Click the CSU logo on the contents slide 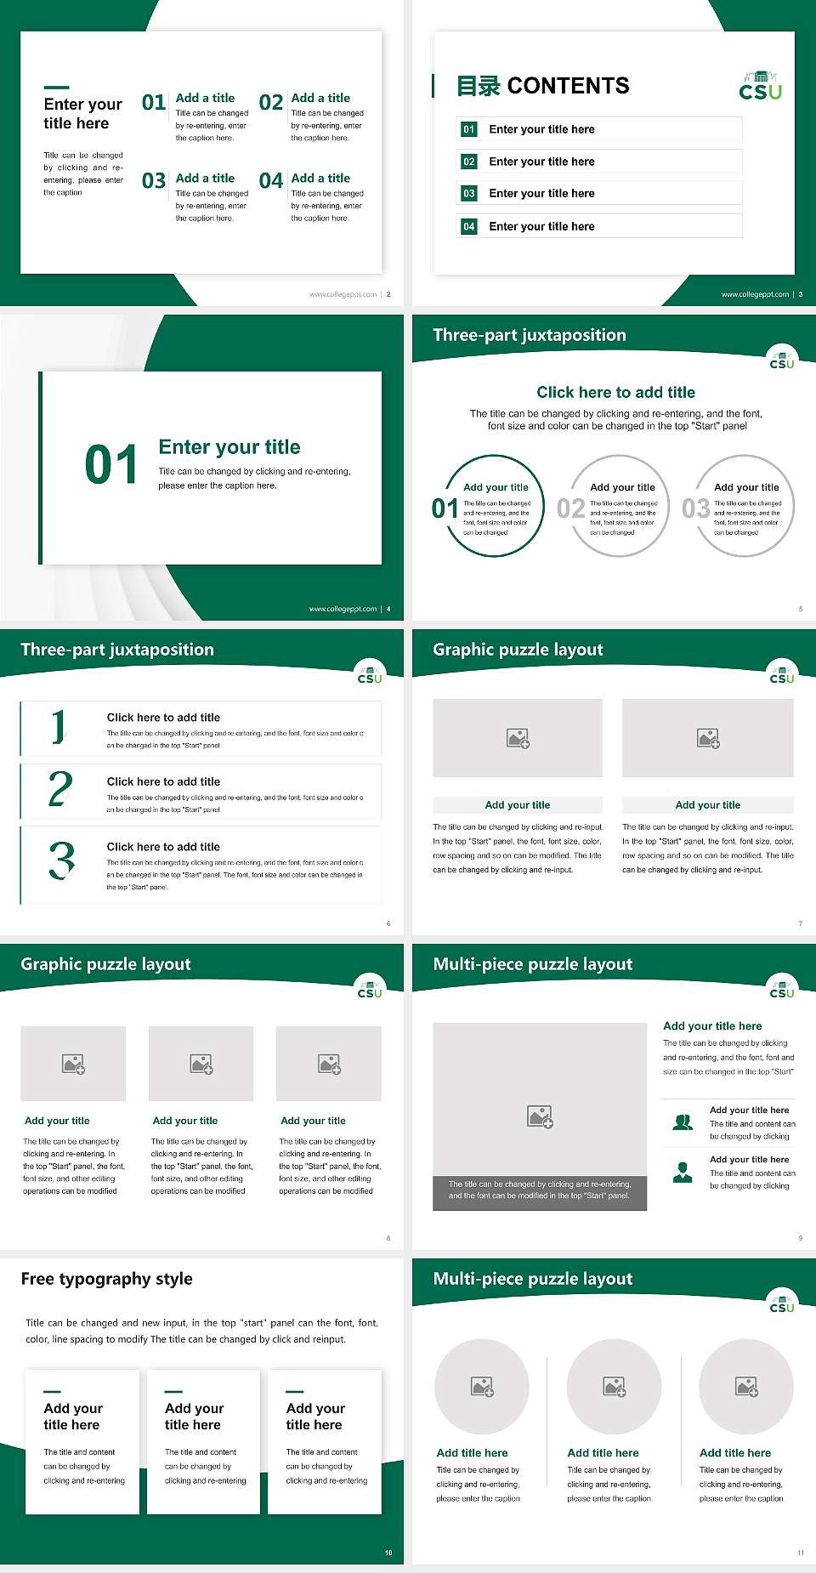(x=760, y=87)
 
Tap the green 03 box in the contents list (x=469, y=194)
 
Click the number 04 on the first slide (x=271, y=181)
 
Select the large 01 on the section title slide (x=111, y=465)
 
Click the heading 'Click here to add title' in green (x=615, y=392)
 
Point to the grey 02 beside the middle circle (x=570, y=508)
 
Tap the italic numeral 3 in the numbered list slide (x=61, y=860)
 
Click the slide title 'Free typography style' (x=106, y=1279)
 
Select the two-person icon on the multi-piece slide (x=683, y=1122)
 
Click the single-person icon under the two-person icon (x=683, y=1173)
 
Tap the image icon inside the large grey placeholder (x=540, y=1116)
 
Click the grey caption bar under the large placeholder (x=540, y=1190)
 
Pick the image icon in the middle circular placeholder (x=615, y=1388)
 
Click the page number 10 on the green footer (x=388, y=1553)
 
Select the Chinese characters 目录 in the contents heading (x=479, y=86)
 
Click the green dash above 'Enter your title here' (x=56, y=88)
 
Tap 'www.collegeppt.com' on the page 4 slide (x=343, y=609)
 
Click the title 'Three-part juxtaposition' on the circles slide (x=529, y=335)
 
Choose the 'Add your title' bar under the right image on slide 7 (x=707, y=805)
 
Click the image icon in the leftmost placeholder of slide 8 (x=73, y=1064)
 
